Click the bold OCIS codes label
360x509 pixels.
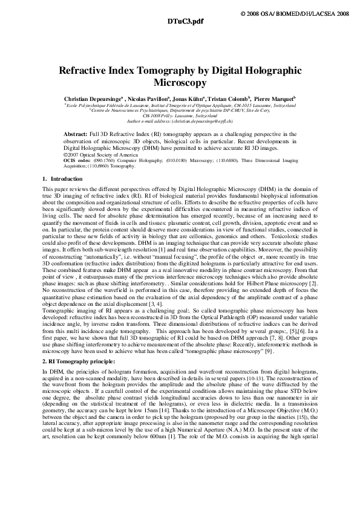(76, 160)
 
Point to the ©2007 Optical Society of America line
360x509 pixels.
(96, 154)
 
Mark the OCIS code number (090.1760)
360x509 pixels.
(99, 160)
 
